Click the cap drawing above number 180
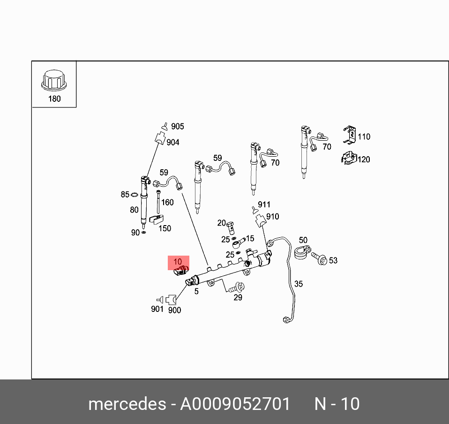pos(54,82)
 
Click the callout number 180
pos(55,99)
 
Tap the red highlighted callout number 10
pos(178,262)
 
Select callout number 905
pos(177,126)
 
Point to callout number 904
pos(172,142)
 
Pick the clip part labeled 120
pos(348,159)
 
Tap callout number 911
pos(264,204)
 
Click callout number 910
pos(272,216)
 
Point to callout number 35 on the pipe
pos(299,284)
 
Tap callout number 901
pos(157,309)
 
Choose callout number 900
pos(174,310)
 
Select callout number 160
pos(167,202)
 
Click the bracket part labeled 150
pos(157,219)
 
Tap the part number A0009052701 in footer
pos(235,404)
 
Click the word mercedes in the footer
pos(127,404)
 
